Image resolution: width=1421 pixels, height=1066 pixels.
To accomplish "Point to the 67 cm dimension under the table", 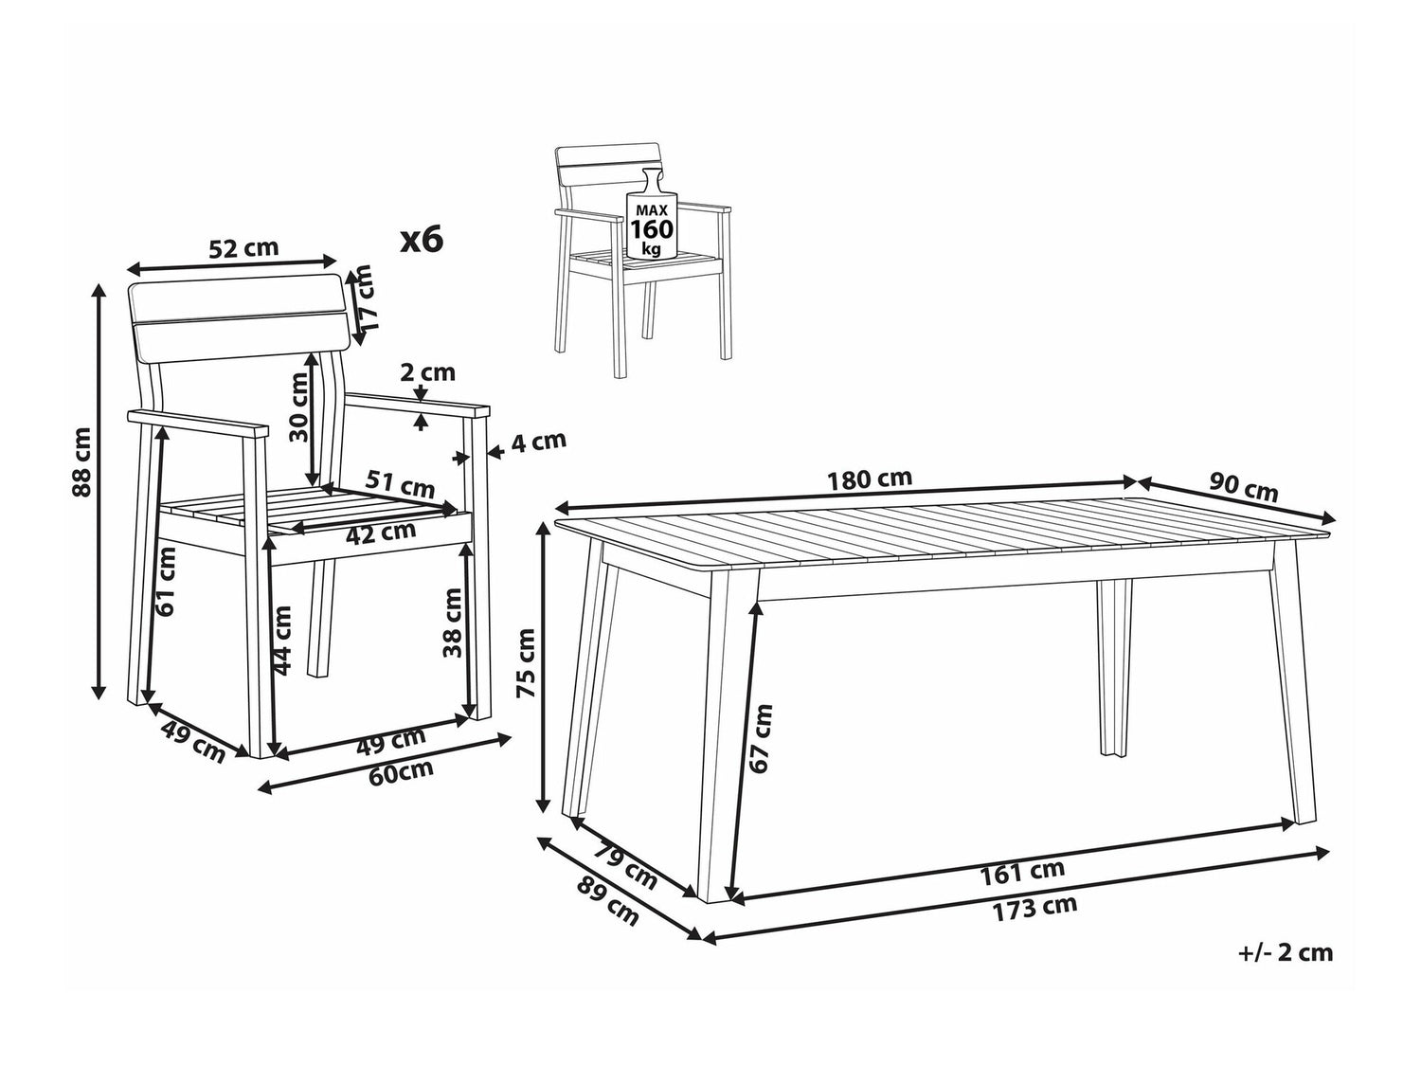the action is (762, 738).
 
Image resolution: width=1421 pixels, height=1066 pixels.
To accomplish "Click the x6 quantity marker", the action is (422, 240).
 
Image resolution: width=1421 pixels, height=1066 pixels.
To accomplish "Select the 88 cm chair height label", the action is (83, 462).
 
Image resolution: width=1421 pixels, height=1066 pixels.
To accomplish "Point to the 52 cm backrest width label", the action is (243, 248).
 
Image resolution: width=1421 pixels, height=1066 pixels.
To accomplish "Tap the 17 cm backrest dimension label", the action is (365, 298).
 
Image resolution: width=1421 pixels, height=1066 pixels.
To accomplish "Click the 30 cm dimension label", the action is (299, 407).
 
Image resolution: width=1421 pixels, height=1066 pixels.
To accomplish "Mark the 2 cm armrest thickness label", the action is (428, 372).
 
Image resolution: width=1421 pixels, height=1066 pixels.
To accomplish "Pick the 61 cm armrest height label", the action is (167, 582).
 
